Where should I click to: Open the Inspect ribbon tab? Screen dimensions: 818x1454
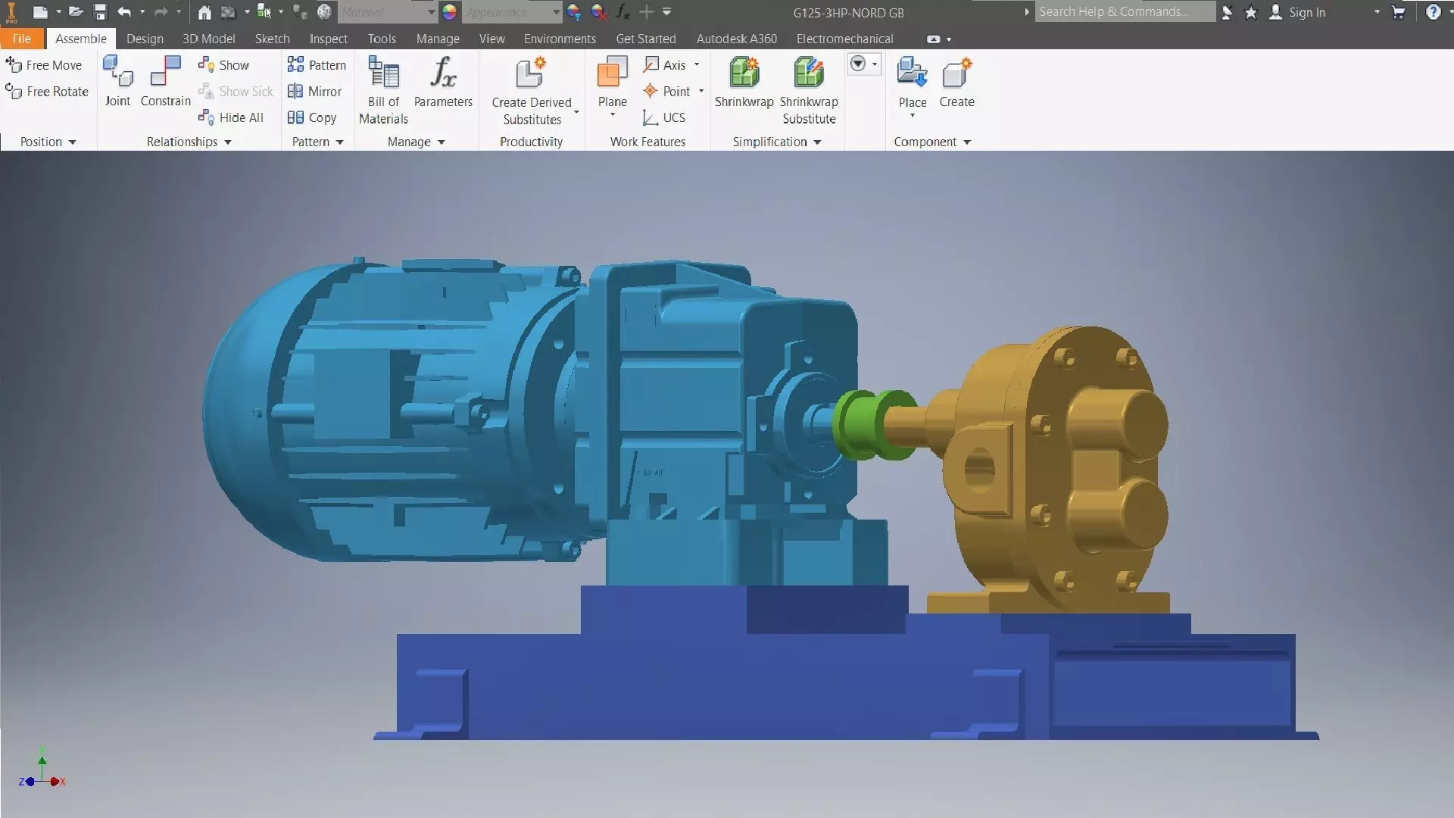click(x=328, y=39)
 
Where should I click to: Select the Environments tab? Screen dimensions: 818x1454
click(x=560, y=39)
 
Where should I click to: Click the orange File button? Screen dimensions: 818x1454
click(x=21, y=39)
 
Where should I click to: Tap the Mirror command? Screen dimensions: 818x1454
click(x=315, y=92)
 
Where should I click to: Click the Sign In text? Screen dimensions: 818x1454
click(x=1307, y=12)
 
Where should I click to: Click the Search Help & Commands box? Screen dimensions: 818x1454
click(x=1124, y=12)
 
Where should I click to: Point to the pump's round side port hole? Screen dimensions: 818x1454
click(x=979, y=468)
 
